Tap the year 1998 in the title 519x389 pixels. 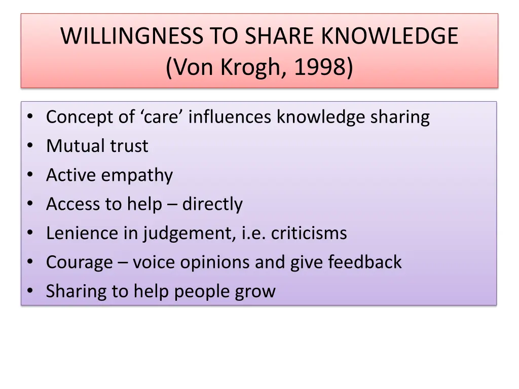(x=322, y=67)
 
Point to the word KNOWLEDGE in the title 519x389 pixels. (x=390, y=36)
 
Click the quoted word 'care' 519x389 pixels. (x=163, y=117)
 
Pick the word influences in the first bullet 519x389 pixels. (x=232, y=117)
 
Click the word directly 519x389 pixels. (x=212, y=204)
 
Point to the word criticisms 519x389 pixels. (x=309, y=233)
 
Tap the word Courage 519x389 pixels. (x=80, y=262)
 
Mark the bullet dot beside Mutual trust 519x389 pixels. (x=31, y=146)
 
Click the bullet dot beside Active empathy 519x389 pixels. (x=31, y=176)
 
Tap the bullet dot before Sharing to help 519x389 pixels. (x=31, y=292)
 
